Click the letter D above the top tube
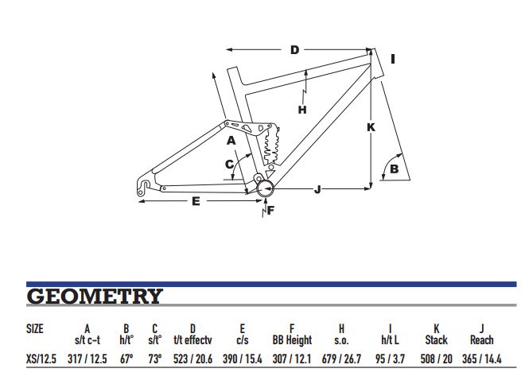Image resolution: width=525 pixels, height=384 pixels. pos(294,50)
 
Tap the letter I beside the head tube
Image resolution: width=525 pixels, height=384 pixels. pos(393,59)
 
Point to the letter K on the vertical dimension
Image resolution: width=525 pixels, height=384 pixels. pos(371,127)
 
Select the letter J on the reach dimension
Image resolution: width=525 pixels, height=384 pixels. pos(317,189)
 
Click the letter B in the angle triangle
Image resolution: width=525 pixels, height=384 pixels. pos(395,169)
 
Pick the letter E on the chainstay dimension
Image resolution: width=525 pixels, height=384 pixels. pos(196,201)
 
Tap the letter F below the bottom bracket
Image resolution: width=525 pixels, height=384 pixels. pos(270,210)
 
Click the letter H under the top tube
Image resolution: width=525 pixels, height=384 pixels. pos(302,110)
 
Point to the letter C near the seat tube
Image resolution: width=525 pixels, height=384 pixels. pos(229,165)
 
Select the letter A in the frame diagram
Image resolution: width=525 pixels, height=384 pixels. pos(231,141)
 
